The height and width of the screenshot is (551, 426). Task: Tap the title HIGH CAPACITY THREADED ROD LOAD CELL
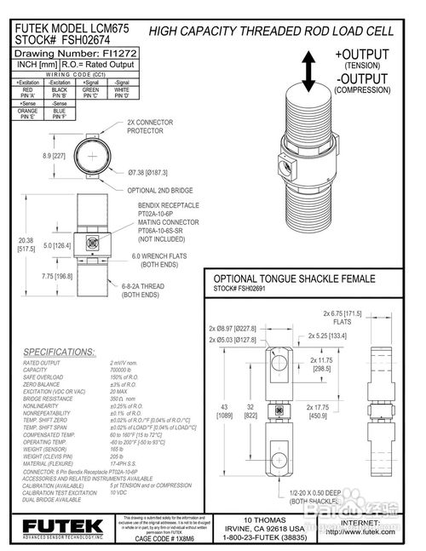click(x=271, y=31)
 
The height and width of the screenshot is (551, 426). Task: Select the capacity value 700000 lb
click(x=126, y=370)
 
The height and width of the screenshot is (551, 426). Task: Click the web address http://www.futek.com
click(x=376, y=532)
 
